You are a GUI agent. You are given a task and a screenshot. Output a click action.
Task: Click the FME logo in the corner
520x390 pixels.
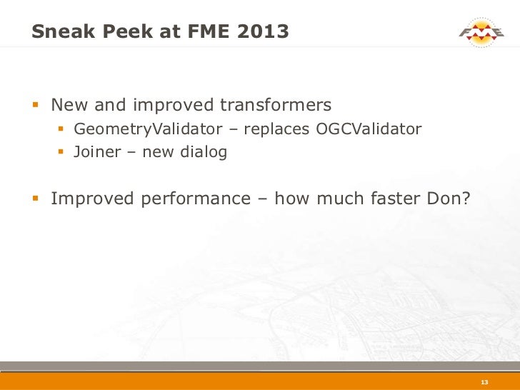click(481, 31)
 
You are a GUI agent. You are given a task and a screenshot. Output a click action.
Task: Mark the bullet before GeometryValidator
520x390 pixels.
click(62, 130)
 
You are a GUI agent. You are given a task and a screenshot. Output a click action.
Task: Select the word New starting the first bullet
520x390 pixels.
click(68, 106)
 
